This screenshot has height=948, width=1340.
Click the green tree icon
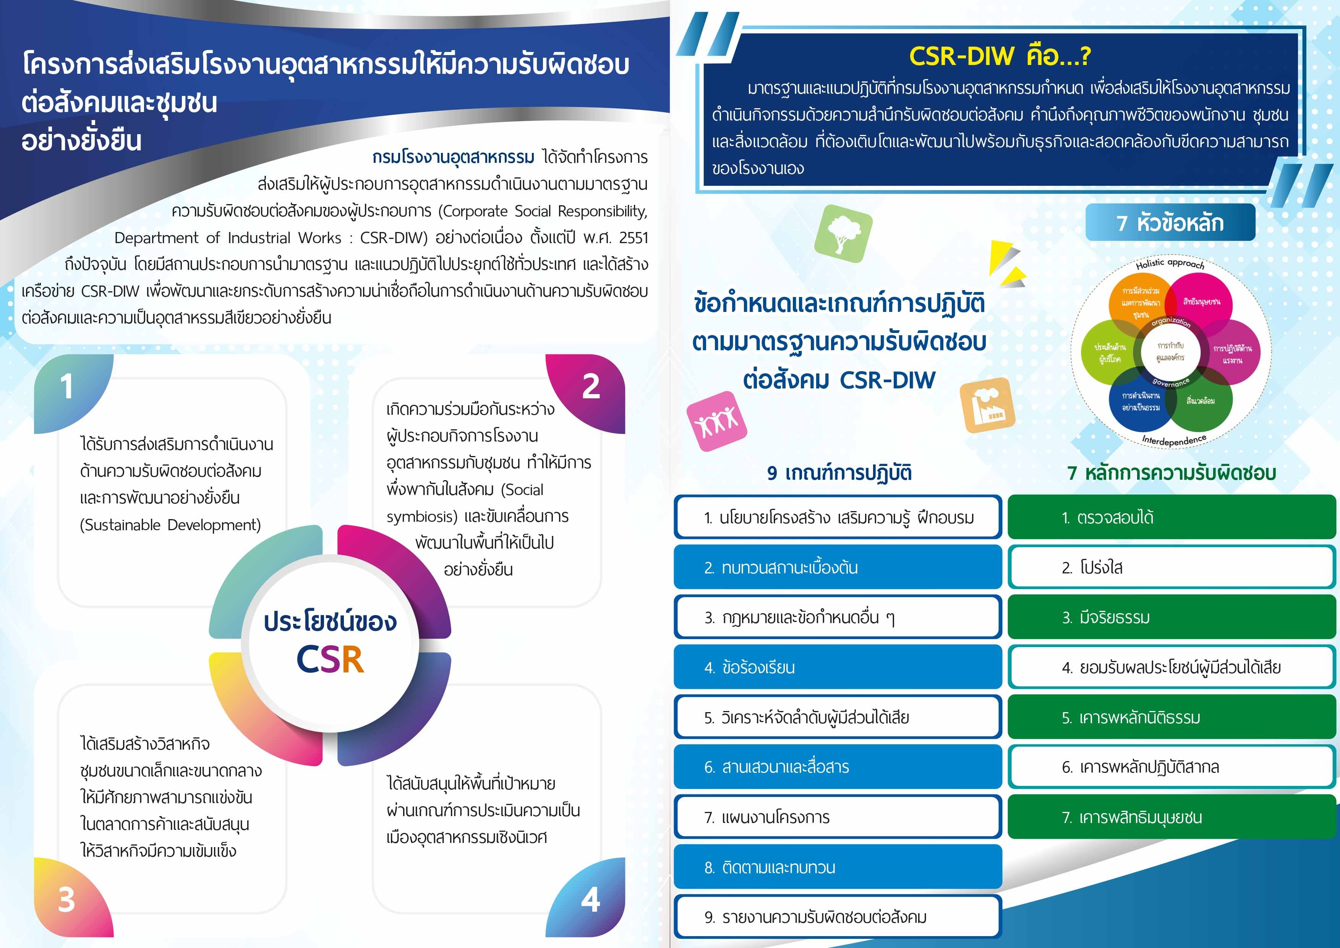(843, 234)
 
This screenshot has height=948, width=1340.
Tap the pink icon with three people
(717, 421)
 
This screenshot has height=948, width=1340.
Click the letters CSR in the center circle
(331, 660)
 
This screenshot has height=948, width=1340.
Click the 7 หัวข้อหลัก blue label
(1170, 222)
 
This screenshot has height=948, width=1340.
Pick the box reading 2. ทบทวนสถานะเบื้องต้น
(838, 567)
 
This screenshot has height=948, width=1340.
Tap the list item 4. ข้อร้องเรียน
(838, 667)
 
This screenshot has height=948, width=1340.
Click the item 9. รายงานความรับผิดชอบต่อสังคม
(838, 917)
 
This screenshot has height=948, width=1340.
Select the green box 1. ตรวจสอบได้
(1172, 517)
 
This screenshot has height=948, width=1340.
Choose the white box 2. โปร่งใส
(1172, 567)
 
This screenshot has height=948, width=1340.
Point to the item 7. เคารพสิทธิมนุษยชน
(1172, 817)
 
